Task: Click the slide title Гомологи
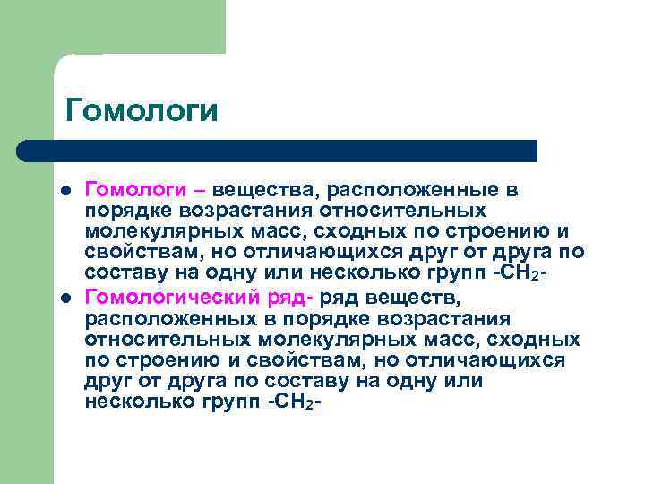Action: (142, 111)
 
